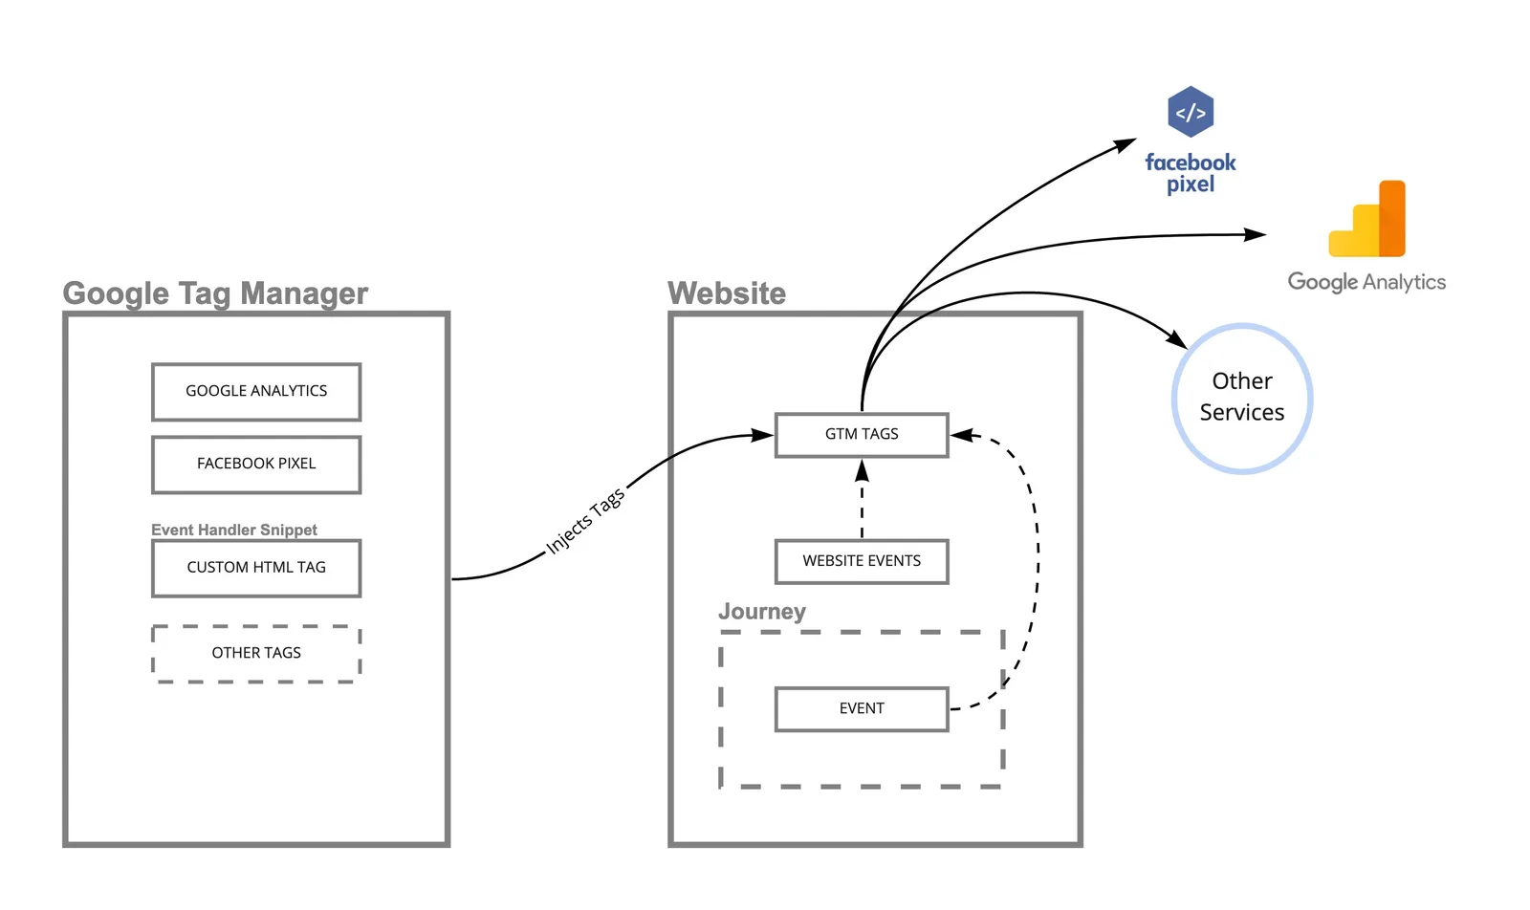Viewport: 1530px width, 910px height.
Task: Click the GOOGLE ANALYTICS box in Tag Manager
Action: [256, 391]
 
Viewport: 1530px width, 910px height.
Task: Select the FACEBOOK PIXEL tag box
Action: [256, 465]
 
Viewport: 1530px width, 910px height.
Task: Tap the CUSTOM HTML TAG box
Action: [256, 568]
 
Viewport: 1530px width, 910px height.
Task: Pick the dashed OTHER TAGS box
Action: [256, 653]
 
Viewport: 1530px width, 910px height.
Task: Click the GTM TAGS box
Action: [862, 434]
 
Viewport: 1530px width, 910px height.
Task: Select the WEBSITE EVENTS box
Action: [862, 561]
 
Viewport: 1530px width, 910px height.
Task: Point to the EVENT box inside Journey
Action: [862, 708]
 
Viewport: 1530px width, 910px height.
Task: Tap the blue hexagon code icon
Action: [1191, 111]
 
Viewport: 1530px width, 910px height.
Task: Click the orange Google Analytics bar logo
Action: [1366, 219]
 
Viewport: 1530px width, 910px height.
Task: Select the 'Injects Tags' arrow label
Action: [585, 520]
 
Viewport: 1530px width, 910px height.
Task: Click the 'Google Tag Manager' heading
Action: [215, 293]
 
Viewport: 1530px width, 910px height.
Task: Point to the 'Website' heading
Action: [727, 293]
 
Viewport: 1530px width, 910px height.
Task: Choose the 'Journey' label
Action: [761, 611]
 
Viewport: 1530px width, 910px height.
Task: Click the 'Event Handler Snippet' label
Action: [234, 530]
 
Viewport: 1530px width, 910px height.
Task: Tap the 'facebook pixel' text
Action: [1191, 173]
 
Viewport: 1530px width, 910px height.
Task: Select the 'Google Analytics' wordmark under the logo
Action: [1366, 282]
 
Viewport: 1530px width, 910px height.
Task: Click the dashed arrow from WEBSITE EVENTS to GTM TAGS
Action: [862, 499]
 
